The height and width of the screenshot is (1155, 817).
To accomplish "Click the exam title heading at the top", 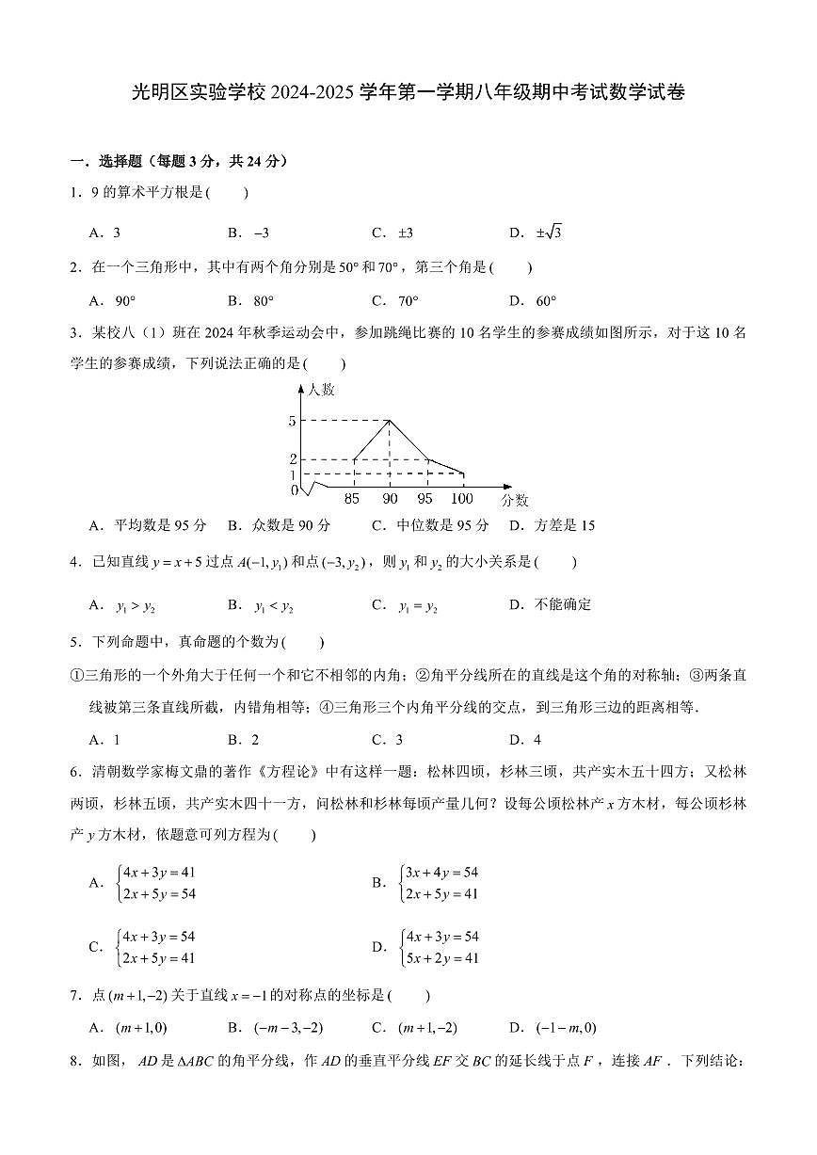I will pyautogui.click(x=408, y=93).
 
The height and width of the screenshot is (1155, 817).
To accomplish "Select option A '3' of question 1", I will pyautogui.click(x=104, y=233).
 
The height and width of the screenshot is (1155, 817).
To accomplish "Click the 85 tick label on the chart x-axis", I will pyautogui.click(x=352, y=499).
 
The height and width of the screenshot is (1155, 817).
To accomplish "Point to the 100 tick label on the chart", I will pyautogui.click(x=461, y=499).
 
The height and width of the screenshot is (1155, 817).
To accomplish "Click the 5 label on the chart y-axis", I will pyautogui.click(x=293, y=421).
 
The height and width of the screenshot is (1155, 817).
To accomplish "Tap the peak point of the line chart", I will pyautogui.click(x=390, y=421).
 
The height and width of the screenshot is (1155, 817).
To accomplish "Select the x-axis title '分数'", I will pyautogui.click(x=515, y=500).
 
